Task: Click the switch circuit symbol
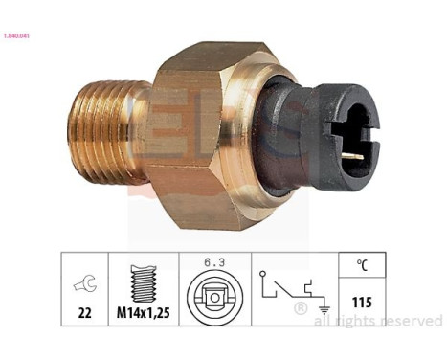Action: [286, 291]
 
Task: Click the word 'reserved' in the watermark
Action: [408, 321]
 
